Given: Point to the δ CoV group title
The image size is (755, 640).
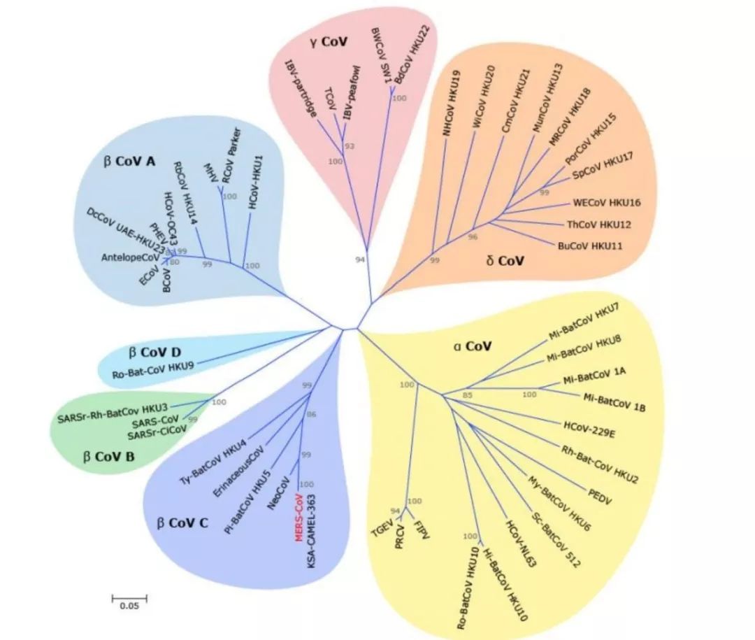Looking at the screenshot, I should coord(505,261).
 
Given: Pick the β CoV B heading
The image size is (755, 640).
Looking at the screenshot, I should coord(110,458).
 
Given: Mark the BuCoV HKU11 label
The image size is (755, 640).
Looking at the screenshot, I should coord(589,246).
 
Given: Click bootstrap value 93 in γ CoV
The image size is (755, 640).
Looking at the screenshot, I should coord(350,146).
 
